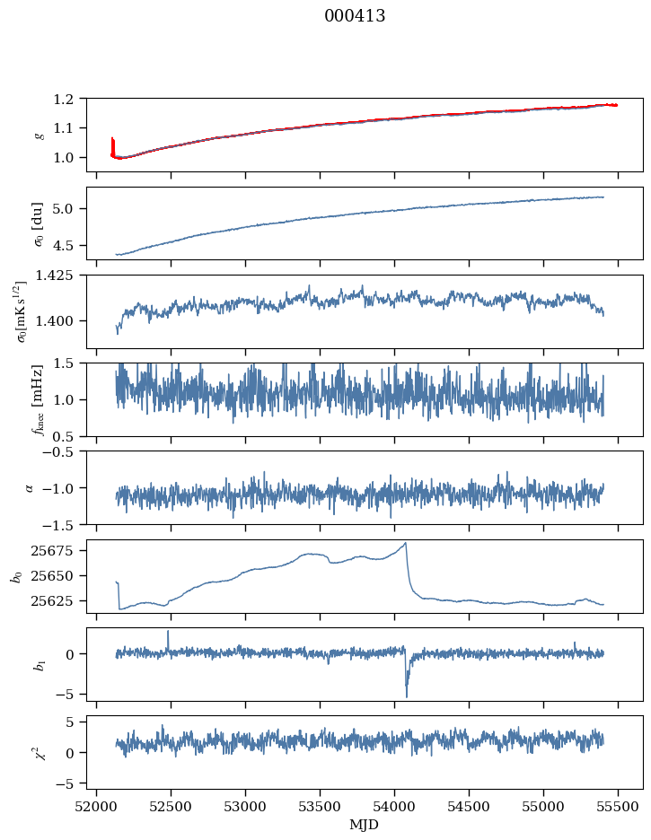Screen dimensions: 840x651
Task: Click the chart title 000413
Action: tap(355, 16)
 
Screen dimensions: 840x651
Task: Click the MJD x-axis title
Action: tap(365, 824)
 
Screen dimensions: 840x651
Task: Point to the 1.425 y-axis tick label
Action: tap(63, 276)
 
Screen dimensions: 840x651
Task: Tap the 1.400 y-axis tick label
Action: tap(63, 320)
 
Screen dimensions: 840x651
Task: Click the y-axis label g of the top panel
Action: tap(38, 135)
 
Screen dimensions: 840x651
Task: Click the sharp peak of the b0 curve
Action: tap(406, 543)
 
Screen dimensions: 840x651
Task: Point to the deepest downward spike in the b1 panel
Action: tap(406, 696)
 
